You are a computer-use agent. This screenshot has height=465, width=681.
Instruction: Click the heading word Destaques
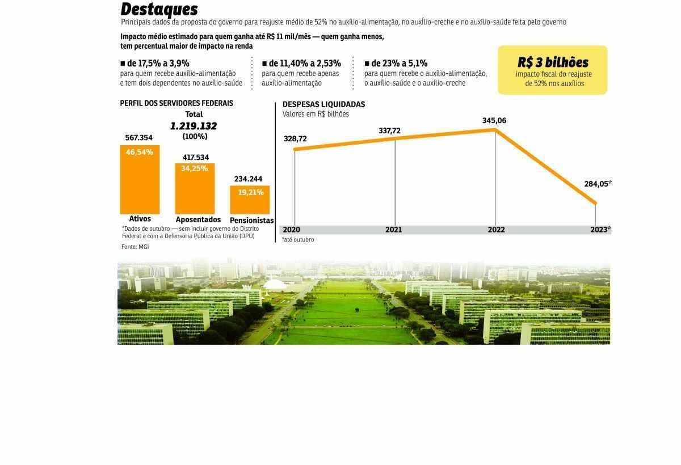click(159, 9)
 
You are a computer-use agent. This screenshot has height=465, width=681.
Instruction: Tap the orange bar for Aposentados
click(195, 188)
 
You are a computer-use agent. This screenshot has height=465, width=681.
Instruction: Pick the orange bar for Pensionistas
click(250, 200)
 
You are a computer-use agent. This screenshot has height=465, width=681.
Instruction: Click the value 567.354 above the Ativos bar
click(138, 138)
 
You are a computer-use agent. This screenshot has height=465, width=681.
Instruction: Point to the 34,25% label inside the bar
click(195, 168)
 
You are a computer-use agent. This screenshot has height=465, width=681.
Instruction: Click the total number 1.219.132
click(194, 126)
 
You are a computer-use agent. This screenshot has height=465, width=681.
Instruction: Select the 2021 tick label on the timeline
click(393, 230)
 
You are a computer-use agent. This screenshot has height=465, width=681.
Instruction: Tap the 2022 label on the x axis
click(496, 230)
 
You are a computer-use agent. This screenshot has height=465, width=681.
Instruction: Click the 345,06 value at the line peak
click(494, 121)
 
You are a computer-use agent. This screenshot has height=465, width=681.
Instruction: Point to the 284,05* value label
click(598, 184)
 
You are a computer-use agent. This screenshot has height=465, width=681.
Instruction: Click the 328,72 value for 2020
click(295, 139)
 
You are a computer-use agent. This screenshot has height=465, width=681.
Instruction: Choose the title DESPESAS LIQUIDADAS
click(323, 104)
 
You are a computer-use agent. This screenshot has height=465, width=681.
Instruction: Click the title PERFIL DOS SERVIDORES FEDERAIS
click(176, 103)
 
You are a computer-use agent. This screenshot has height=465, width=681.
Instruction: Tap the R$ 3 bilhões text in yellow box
click(553, 62)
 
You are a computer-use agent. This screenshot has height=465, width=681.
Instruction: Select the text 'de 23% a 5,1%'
click(399, 64)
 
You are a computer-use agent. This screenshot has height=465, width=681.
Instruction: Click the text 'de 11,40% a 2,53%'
click(304, 64)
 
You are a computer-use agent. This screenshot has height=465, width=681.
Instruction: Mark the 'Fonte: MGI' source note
click(135, 247)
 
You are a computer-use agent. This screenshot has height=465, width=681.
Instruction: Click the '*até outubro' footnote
click(298, 239)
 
